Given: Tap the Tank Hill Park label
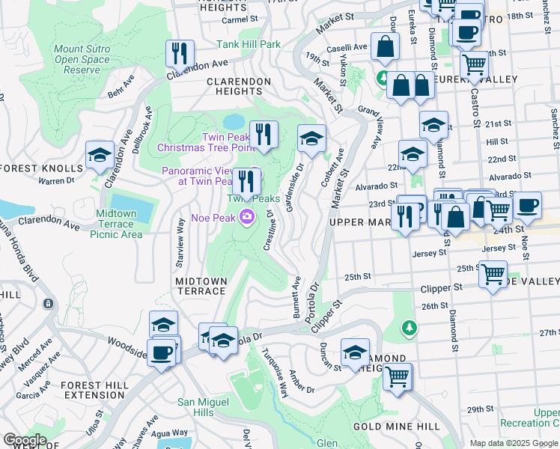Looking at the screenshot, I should click(x=249, y=45).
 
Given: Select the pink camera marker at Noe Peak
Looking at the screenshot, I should click(x=246, y=218).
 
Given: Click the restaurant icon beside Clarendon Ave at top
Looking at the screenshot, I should click(x=180, y=52).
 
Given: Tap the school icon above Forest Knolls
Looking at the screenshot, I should click(x=100, y=155).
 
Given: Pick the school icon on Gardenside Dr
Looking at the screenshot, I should click(x=311, y=138).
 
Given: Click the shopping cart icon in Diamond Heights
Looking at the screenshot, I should click(x=398, y=376).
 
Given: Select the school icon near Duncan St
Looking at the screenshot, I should click(x=355, y=352).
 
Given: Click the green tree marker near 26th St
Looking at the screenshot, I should click(x=409, y=328).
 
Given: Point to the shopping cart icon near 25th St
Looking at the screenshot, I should click(x=493, y=275).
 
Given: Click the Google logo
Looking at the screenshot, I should click(x=25, y=440).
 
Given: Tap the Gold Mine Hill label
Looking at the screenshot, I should click(x=386, y=427).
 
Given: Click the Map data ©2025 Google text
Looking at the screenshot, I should click(x=514, y=443).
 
